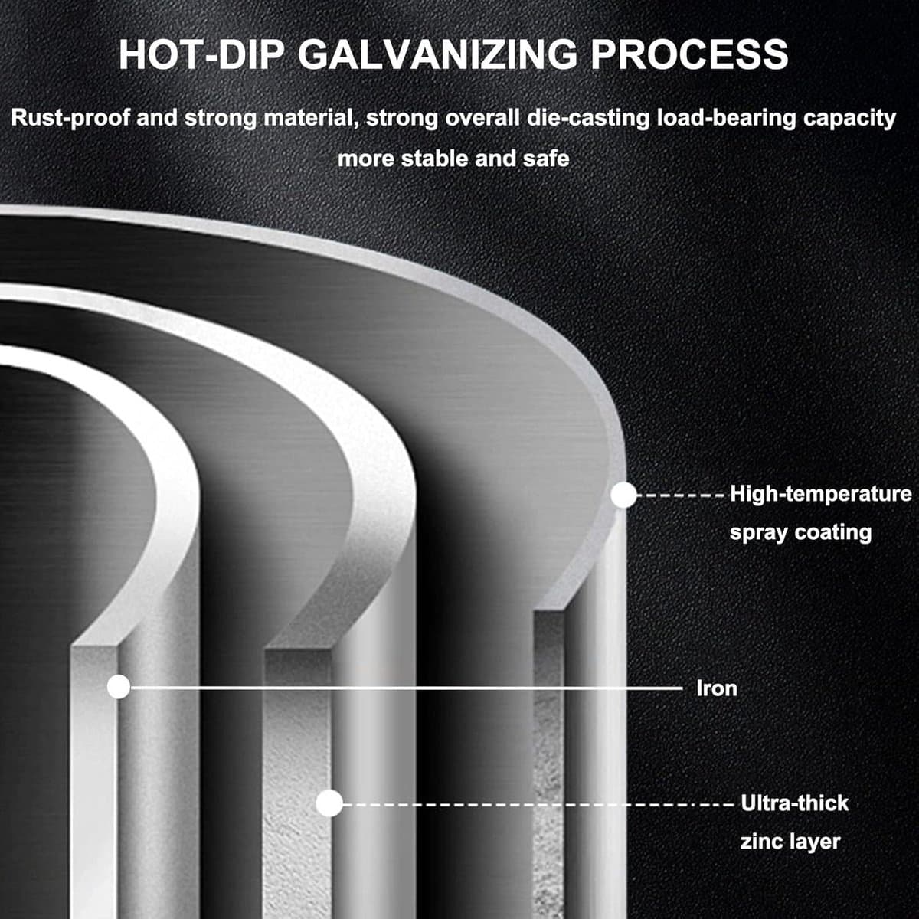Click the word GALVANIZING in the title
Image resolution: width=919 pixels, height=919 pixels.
pyautogui.click(x=438, y=54)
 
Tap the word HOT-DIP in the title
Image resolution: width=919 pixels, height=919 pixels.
pyautogui.click(x=201, y=54)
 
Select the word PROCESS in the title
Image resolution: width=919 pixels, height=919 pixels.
pyautogui.click(x=689, y=54)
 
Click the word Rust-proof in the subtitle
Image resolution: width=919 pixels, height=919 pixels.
pyautogui.click(x=70, y=118)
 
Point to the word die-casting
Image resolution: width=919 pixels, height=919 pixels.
pyautogui.click(x=587, y=118)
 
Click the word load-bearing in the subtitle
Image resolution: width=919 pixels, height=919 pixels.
pyautogui.click(x=726, y=118)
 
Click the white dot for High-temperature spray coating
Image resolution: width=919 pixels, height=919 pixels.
pyautogui.click(x=623, y=495)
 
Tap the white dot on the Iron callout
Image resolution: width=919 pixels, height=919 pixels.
pyautogui.click(x=119, y=687)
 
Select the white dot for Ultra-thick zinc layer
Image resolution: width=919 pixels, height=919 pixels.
pyautogui.click(x=329, y=803)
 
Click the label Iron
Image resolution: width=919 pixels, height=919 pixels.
pyautogui.click(x=717, y=688)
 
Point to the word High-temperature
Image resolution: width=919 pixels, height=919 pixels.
pyautogui.click(x=821, y=495)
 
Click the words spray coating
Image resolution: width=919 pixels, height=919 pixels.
pyautogui.click(x=800, y=532)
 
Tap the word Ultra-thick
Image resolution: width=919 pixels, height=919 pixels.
pyautogui.click(x=794, y=803)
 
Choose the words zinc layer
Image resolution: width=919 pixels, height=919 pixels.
pyautogui.click(x=790, y=841)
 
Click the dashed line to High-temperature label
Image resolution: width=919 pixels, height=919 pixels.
pyautogui.click(x=681, y=495)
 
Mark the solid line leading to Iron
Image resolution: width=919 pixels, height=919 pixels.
pyautogui.click(x=407, y=688)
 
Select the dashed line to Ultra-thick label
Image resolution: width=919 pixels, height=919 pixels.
pyautogui.click(x=538, y=805)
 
